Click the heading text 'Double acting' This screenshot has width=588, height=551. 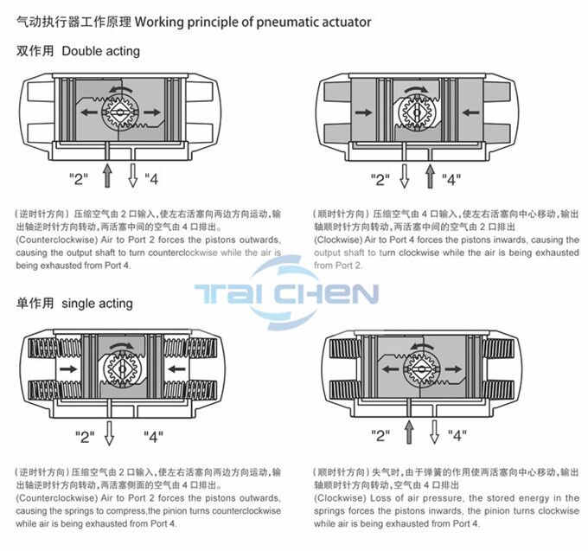click(100, 51)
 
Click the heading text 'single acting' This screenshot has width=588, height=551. click(98, 304)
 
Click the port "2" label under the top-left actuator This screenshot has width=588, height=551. click(80, 179)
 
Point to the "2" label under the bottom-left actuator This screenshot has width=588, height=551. click(85, 435)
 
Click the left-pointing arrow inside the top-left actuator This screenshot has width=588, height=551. click(87, 112)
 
